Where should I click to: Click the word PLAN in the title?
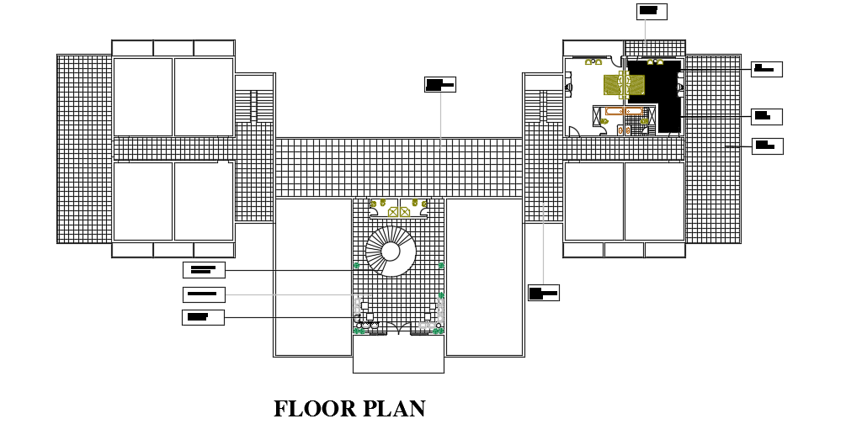click(394, 410)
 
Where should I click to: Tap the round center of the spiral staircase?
click(391, 252)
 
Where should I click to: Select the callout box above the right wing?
click(651, 11)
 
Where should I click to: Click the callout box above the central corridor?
click(439, 84)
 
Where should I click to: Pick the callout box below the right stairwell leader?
click(543, 293)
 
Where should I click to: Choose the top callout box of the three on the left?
click(204, 270)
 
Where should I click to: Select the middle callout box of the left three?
click(204, 294)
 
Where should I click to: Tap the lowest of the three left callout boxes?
click(203, 317)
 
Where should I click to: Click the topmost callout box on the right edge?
click(766, 69)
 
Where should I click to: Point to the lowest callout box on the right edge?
click(767, 146)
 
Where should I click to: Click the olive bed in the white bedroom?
click(613, 84)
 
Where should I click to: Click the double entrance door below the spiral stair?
click(398, 328)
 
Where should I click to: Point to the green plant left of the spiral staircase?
click(356, 266)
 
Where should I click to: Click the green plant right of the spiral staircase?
click(441, 266)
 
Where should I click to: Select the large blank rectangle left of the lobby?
click(312, 277)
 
